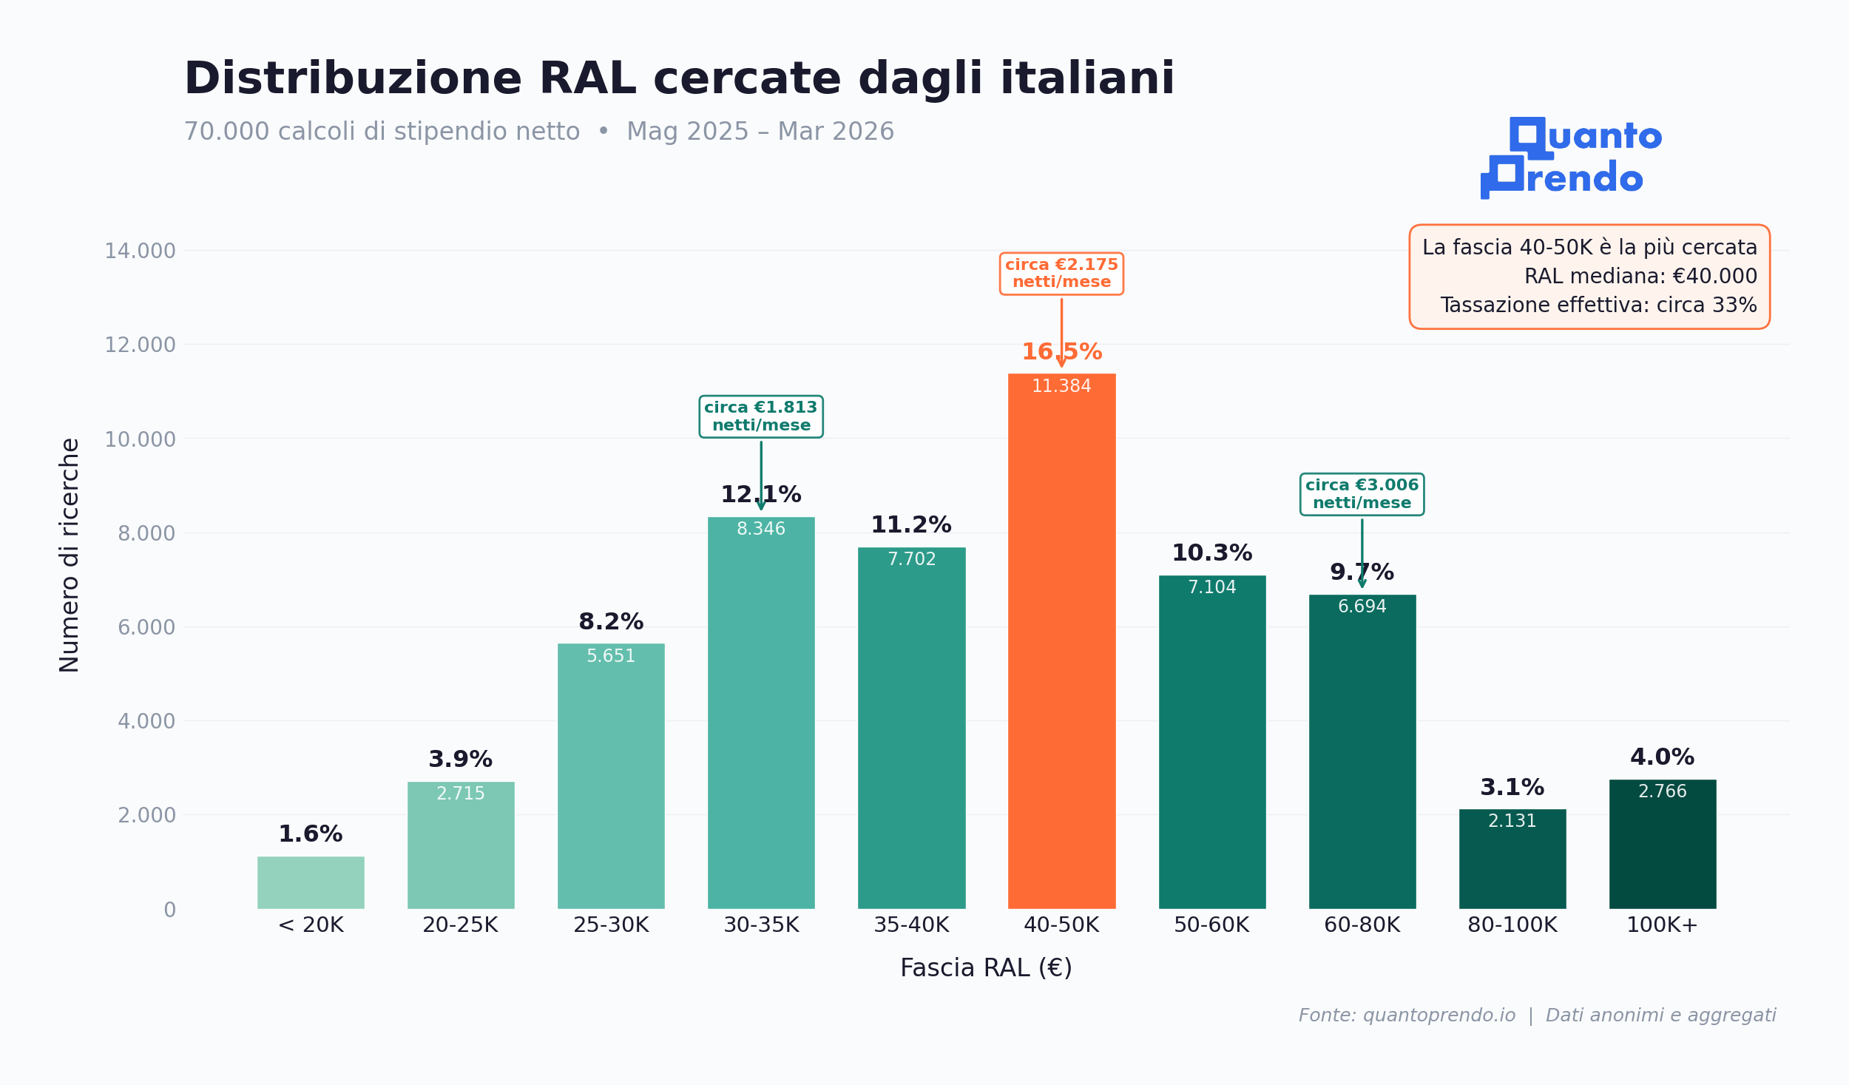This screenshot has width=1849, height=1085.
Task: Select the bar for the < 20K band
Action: [311, 882]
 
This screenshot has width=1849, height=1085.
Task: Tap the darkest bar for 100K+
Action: [1662, 851]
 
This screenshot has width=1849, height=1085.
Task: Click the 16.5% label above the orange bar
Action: [1061, 352]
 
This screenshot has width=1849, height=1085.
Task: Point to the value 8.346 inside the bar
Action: [761, 529]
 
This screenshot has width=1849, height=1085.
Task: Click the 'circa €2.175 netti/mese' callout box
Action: [1061, 274]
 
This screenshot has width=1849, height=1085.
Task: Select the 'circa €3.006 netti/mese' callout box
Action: [1362, 494]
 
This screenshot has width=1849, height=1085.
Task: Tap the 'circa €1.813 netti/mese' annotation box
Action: [761, 416]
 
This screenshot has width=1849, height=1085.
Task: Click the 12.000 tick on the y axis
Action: [140, 345]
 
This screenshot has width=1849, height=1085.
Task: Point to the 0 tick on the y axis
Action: [169, 910]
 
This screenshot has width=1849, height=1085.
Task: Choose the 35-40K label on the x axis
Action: [911, 925]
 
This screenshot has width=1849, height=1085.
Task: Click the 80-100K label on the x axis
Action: [1512, 925]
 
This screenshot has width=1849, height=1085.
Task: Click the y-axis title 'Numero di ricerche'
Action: [70, 555]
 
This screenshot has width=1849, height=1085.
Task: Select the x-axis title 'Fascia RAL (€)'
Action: [986, 968]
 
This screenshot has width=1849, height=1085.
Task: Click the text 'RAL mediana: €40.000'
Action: [1640, 277]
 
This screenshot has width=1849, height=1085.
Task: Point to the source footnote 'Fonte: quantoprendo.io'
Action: [1407, 1015]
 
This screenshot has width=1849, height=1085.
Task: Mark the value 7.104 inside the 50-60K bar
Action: [1211, 587]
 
